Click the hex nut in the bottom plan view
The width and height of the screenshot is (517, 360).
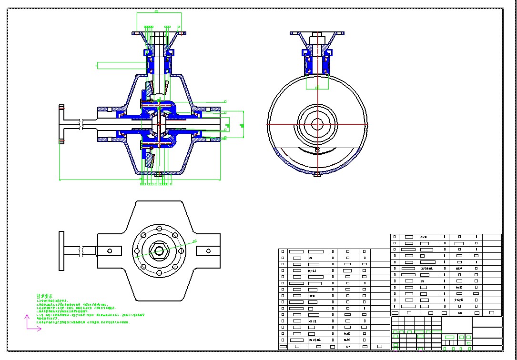(157, 250)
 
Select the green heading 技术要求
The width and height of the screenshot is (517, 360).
(46, 296)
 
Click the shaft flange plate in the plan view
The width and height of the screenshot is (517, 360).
(61, 250)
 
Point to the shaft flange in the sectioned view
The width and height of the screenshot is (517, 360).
(61, 124)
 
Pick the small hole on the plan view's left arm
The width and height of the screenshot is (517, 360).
(110, 250)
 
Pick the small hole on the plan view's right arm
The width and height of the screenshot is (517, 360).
(208, 250)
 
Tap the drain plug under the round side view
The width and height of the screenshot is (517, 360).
(317, 175)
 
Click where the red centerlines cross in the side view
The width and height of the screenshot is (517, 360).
(317, 124)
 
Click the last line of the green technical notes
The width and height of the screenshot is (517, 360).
(83, 322)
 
